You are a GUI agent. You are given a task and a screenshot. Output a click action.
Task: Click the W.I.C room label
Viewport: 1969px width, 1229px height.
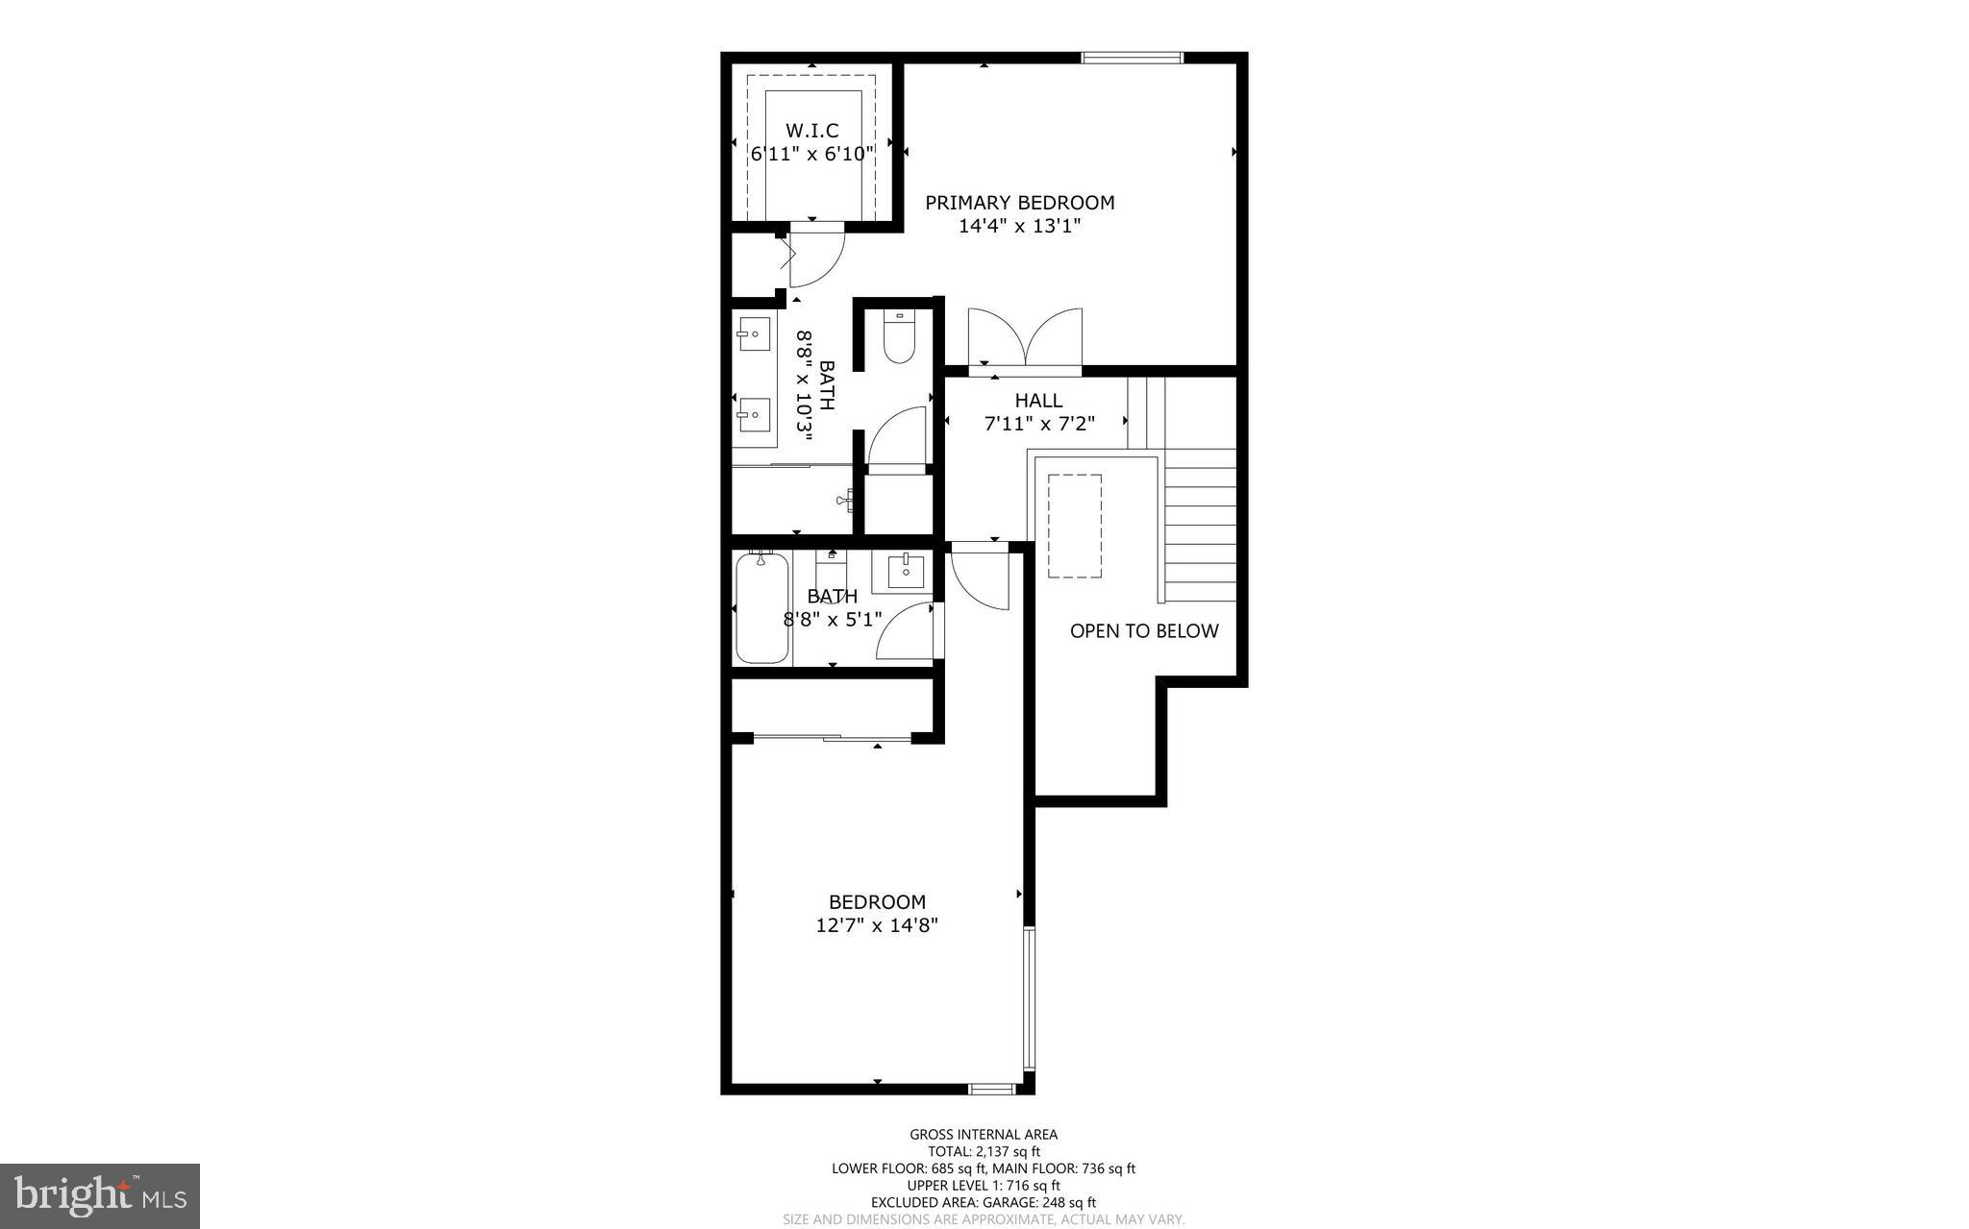click(812, 131)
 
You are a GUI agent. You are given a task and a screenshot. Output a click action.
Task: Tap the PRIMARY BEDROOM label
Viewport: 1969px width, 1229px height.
click(1019, 203)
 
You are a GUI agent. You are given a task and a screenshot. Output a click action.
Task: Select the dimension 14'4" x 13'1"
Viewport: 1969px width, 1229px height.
click(1019, 227)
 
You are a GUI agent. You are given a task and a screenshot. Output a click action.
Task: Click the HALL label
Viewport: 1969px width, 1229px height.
click(1038, 401)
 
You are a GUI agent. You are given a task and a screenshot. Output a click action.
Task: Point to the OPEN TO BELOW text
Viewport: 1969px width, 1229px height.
click(1144, 631)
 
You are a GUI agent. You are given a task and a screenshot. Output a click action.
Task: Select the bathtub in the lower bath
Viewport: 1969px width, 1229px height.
click(761, 608)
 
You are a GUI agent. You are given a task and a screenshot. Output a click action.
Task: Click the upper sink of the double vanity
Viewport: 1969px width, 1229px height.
click(754, 334)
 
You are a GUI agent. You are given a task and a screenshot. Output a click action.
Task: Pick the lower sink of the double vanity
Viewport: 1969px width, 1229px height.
click(754, 415)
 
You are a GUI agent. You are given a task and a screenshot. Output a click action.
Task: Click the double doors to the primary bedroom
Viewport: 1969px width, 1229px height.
click(1025, 338)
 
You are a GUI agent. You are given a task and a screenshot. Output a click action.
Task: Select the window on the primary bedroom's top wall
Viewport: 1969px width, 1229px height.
click(1132, 59)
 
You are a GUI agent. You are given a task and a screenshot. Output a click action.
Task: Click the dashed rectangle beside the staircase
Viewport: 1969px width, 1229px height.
click(1075, 526)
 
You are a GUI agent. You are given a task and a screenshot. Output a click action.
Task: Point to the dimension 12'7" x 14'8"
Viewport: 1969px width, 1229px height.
click(877, 926)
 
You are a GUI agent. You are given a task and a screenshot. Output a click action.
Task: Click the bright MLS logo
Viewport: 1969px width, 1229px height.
click(100, 1196)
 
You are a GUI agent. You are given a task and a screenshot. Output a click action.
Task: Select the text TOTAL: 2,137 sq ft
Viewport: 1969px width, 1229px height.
click(984, 1151)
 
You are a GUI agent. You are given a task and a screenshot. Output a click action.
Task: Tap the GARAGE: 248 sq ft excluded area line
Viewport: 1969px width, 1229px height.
click(984, 1202)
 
